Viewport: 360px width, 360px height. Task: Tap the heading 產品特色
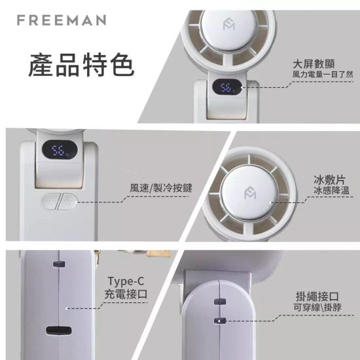tap(81, 66)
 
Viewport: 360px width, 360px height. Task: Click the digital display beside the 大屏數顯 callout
tap(228, 88)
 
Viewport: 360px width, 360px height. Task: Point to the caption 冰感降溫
tap(329, 190)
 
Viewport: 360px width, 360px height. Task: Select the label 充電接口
tap(126, 294)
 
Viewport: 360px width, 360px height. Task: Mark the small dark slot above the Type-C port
tap(58, 265)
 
